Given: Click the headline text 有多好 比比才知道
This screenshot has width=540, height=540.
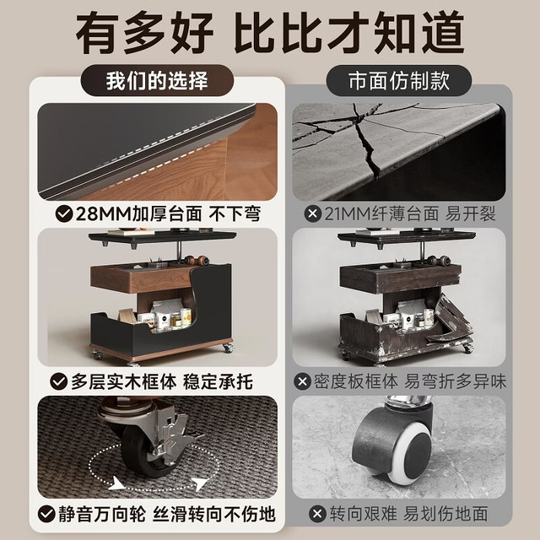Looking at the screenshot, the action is point(270,32).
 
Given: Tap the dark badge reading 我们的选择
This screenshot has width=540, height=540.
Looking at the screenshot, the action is point(157,81).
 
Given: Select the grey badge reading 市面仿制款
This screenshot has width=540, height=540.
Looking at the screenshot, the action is point(399,81).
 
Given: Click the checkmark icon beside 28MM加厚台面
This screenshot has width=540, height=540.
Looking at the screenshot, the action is point(64,213).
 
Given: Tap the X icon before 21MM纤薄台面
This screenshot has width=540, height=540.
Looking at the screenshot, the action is point(313,213).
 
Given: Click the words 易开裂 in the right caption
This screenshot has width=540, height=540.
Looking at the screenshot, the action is point(471,213).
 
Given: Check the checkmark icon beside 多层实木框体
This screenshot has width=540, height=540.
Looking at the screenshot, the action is point(58,381).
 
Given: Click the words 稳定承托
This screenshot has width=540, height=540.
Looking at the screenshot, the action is point(218,381).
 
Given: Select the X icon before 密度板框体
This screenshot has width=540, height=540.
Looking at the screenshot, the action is point(303,381).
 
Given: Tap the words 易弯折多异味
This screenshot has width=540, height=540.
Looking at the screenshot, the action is point(456,381).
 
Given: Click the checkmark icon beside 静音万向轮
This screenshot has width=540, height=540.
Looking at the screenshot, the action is point(46,514).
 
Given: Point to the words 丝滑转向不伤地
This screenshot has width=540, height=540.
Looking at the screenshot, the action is point(213,514).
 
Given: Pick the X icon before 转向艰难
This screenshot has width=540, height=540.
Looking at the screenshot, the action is point(317,514).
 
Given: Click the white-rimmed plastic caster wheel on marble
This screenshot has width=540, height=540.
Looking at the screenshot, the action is point(392,445).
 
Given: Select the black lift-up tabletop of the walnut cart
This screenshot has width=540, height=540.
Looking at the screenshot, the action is point(162,236).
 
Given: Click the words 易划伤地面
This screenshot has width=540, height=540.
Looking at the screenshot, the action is point(445,514).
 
